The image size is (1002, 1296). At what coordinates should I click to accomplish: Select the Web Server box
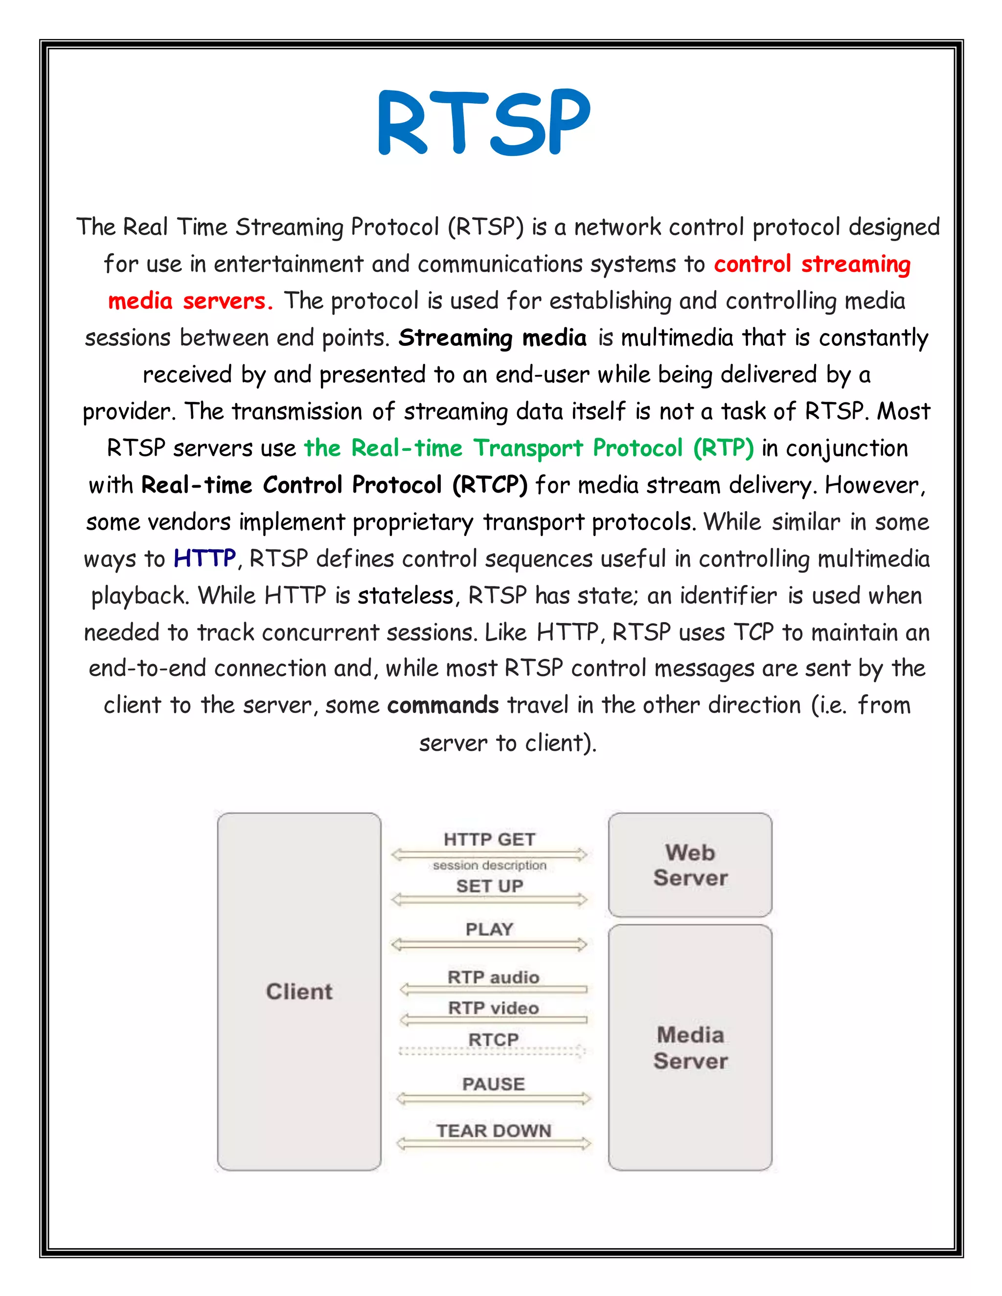[690, 865]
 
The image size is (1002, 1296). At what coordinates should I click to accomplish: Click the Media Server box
[690, 1048]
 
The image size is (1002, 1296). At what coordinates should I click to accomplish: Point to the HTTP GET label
[489, 840]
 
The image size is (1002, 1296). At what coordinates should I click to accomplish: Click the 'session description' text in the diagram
[489, 865]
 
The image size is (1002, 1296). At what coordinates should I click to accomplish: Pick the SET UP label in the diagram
[489, 886]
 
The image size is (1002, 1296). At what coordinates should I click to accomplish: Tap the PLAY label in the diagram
[489, 929]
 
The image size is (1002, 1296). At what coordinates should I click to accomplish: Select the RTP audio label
[493, 977]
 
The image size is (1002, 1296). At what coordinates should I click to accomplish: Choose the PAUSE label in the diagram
[493, 1084]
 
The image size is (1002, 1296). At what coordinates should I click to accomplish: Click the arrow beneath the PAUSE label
[493, 1098]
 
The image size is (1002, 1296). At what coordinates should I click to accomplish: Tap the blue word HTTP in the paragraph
[205, 559]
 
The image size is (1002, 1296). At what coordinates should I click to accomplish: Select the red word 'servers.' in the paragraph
[228, 301]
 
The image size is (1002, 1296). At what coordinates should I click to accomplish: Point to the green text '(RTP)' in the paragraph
[723, 448]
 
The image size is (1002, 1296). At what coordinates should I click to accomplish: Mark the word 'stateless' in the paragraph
[406, 595]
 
